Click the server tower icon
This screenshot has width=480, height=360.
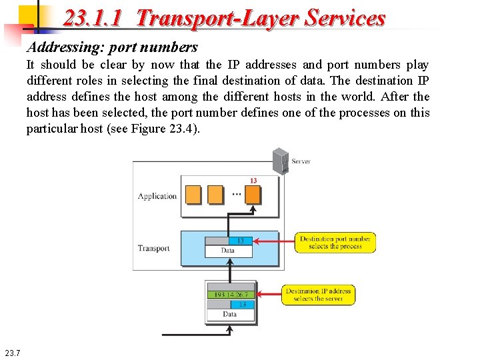pos(281,161)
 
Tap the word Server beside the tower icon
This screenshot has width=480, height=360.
pos(301,161)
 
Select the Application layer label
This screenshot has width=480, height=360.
pos(157,196)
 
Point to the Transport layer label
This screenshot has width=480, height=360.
pos(154,249)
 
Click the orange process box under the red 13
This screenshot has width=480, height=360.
pos(253,195)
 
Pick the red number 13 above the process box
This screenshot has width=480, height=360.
pos(253,181)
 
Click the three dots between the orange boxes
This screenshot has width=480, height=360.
pos(237,195)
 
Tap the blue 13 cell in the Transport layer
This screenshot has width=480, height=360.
pos(241,241)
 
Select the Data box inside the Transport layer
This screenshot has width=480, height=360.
pos(228,251)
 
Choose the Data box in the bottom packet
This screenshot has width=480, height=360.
pos(230,314)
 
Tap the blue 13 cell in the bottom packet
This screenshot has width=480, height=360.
pos(243,304)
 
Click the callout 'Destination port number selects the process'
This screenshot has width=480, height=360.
pos(335,243)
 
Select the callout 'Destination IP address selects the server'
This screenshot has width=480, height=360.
pos(318,295)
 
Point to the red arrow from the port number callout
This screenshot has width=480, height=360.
pos(274,241)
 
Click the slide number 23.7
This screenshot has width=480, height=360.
pos(12,353)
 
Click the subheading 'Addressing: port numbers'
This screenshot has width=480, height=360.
pos(112,47)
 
